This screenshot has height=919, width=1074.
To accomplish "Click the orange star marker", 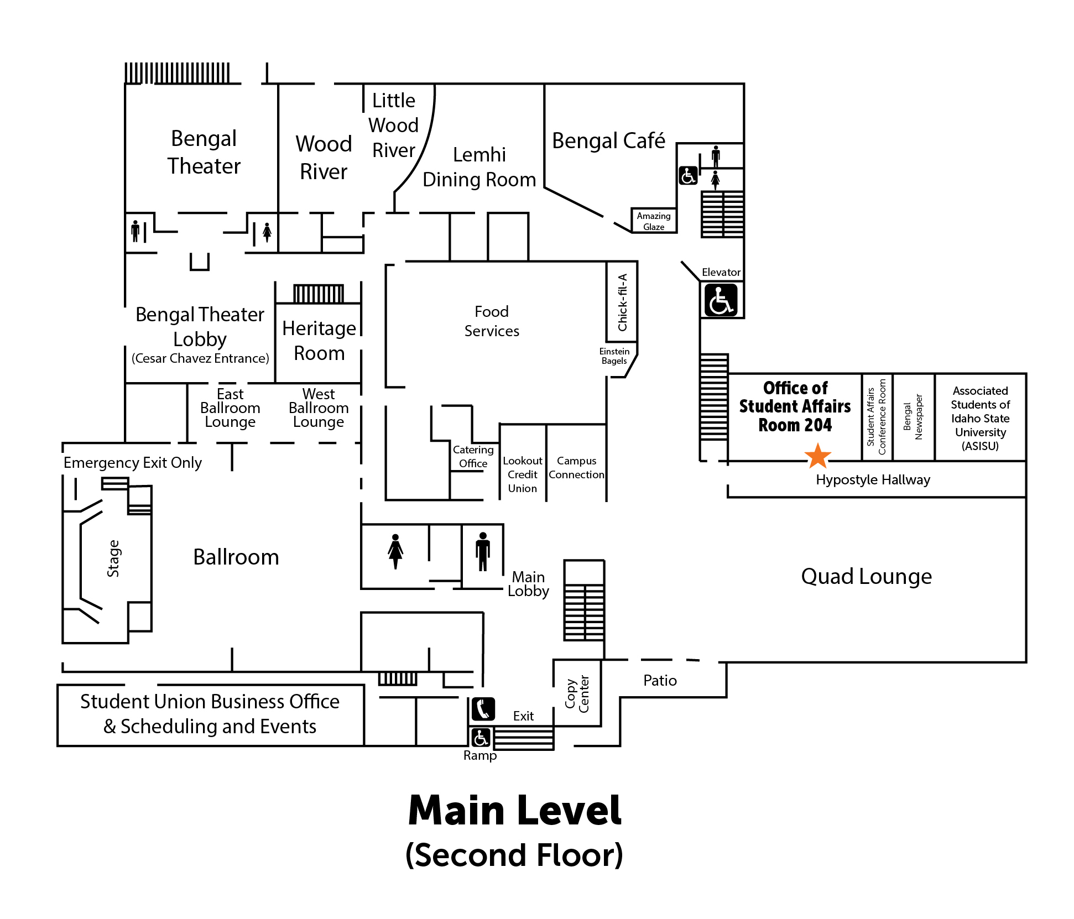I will pos(817,456).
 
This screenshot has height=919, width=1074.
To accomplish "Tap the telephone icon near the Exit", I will pos(483,709).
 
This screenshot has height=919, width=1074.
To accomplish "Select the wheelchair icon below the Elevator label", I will pos(721,300).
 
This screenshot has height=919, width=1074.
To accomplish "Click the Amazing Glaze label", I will pos(654,221).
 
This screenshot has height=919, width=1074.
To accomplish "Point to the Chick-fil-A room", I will pos(622,302).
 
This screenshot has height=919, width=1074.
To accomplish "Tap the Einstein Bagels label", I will pos(614,356).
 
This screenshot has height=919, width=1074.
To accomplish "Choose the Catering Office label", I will pos(473,457).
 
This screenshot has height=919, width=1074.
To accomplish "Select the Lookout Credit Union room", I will pos(523,474).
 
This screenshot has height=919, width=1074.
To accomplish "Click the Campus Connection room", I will pos(576,468).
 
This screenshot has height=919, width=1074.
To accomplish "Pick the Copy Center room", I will pos(577,693).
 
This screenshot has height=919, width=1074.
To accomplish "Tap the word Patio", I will pos(660,681).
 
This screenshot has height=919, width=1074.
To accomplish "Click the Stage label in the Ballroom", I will pos(113,558).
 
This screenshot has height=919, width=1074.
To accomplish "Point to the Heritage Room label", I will pos(319,341).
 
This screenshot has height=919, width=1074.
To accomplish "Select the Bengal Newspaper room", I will pos(913,417).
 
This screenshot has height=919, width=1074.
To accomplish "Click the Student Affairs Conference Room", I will pos(877,417).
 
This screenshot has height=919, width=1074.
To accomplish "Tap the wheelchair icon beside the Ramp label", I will pos(480,738).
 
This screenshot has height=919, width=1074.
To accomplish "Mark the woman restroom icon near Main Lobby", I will pos(395,551).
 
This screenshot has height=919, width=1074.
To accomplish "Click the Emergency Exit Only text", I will pos(133,463).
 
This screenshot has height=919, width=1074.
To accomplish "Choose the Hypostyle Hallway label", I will pos(873,480).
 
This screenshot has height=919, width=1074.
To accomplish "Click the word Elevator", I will pos(721,273).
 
